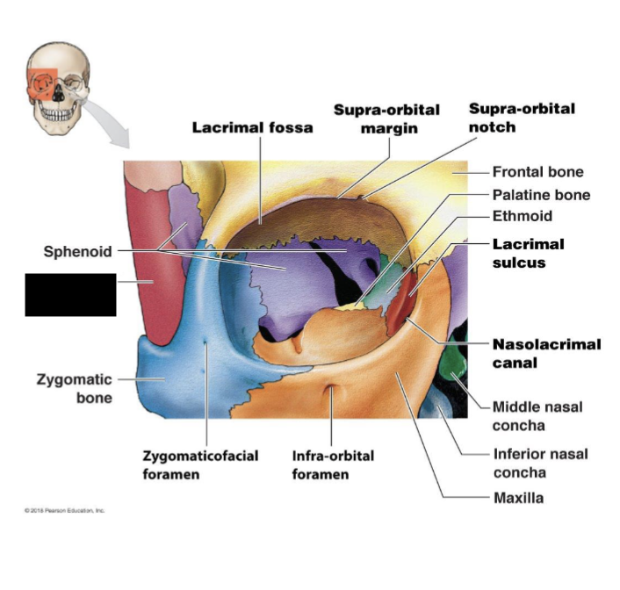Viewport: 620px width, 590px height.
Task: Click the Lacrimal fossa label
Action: [x=252, y=127]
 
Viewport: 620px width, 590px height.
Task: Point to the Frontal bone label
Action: [x=537, y=172]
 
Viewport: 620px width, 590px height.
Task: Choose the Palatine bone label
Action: [x=541, y=195]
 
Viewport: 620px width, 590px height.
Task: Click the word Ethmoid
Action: [x=523, y=216]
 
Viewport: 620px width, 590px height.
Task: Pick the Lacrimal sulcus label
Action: [x=528, y=253]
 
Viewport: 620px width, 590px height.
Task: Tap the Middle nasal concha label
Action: [x=537, y=416]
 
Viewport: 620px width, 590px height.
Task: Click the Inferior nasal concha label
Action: [x=539, y=464]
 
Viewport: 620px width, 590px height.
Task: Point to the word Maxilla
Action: [x=518, y=499]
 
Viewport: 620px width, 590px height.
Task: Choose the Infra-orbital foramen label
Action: [x=333, y=465]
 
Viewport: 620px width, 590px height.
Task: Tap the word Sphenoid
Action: [x=78, y=252]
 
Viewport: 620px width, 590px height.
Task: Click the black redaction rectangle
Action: [x=70, y=294]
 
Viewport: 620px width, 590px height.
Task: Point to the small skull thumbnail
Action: [x=57, y=88]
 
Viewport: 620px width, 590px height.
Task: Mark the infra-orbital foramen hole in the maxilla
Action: [x=331, y=390]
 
